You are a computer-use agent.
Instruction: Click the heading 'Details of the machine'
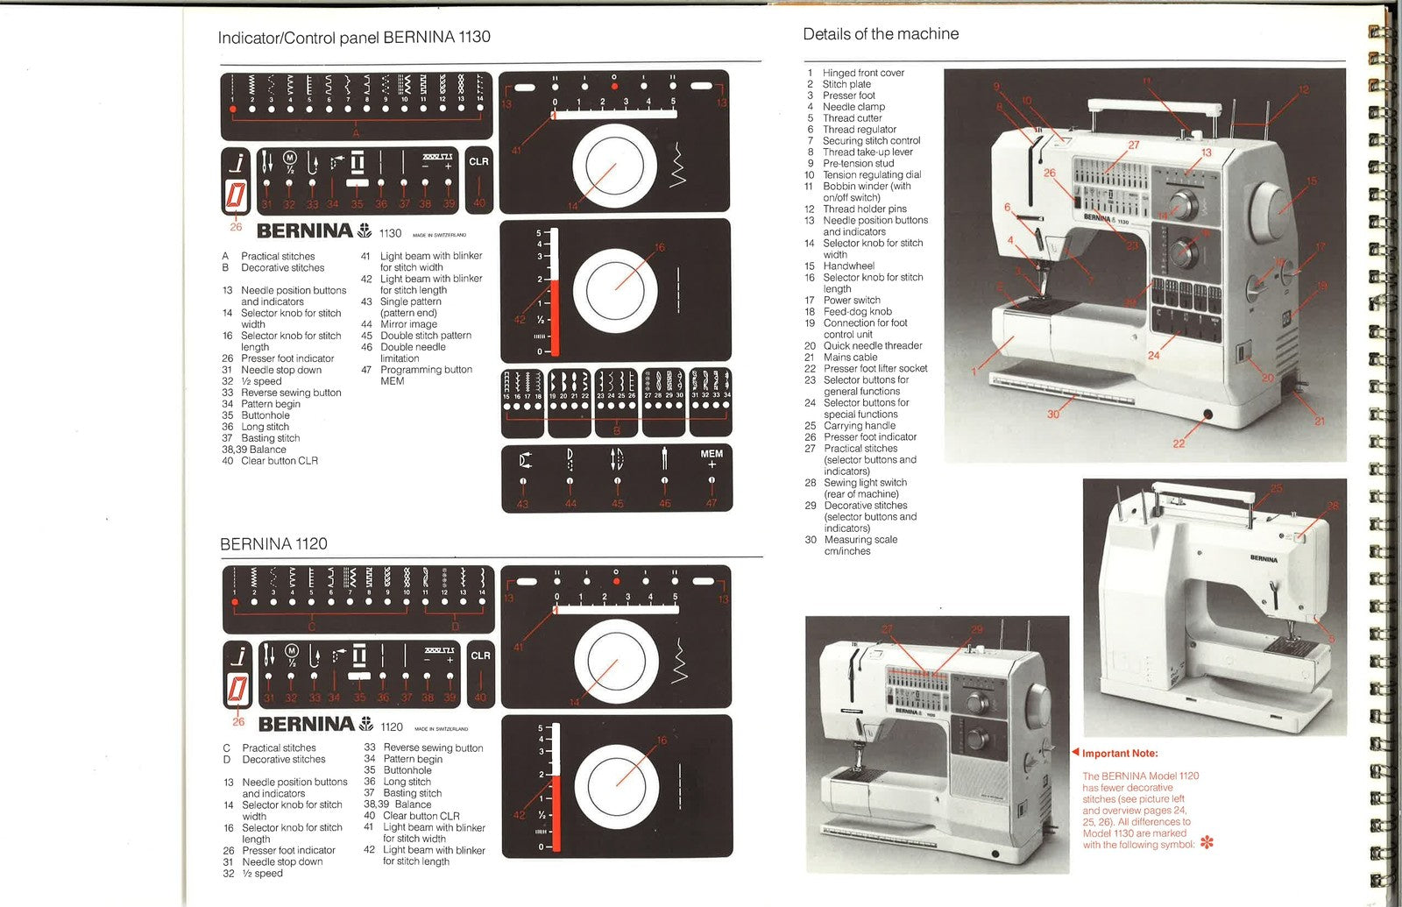pos(881,34)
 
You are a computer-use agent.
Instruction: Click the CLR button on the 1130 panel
pos(478,162)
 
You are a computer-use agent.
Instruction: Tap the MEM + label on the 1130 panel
pos(712,458)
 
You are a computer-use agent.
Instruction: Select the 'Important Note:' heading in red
pos(1119,754)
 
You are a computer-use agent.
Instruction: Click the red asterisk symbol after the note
pos(1207,844)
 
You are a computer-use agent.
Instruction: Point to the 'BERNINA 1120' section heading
pos(273,544)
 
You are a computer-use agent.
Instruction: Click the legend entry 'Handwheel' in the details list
pos(848,266)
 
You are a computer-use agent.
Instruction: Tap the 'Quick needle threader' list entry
pos(872,346)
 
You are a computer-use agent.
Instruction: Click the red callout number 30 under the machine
pos(1053,414)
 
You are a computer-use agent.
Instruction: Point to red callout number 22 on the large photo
pos(1179,443)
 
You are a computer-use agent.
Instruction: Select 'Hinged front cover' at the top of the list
pos(862,74)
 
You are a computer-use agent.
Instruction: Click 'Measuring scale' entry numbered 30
pos(860,540)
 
